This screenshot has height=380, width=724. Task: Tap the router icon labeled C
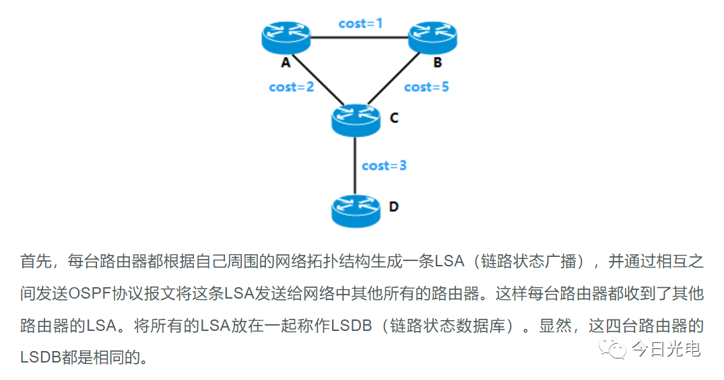(x=356, y=118)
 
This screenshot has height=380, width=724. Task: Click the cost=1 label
(x=360, y=23)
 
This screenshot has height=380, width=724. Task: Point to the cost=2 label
(x=291, y=87)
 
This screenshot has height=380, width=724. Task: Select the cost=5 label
(x=426, y=87)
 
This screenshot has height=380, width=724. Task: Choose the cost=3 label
(x=384, y=165)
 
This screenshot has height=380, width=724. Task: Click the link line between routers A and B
(x=360, y=37)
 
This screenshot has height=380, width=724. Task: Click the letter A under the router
(x=286, y=63)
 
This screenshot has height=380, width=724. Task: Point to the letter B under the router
(x=437, y=63)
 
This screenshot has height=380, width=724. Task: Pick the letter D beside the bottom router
(x=394, y=206)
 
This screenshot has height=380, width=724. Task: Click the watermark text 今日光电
(x=665, y=349)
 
